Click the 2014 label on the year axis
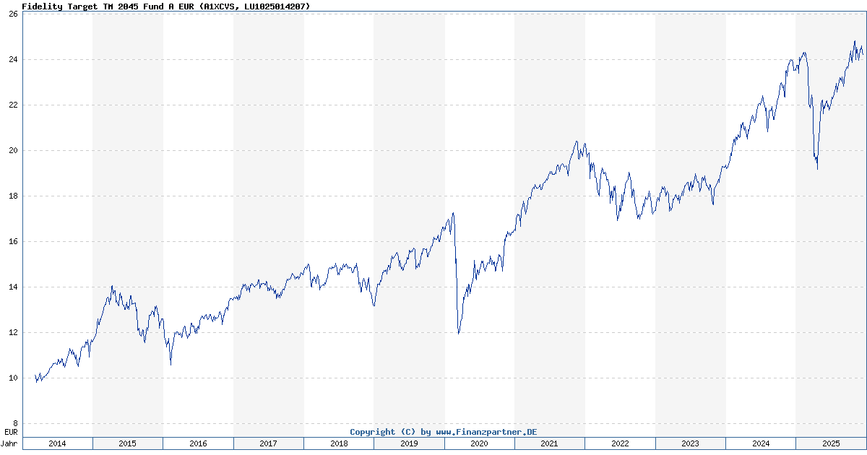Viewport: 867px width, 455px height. point(57,443)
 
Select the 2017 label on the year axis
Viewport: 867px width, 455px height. point(268,443)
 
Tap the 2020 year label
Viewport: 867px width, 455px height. point(479,443)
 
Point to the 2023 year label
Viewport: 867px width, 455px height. point(690,443)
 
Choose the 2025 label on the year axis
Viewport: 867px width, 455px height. point(830,443)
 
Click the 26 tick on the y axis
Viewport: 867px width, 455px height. point(13,14)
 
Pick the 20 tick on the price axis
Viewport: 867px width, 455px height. point(13,150)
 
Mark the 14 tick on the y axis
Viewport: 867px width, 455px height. point(13,287)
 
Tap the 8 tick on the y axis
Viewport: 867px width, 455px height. point(15,423)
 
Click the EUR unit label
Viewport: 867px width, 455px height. point(11,432)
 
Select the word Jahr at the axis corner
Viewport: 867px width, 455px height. point(10,443)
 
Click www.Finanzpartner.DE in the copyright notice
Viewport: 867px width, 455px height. point(486,432)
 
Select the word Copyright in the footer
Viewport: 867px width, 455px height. point(374,432)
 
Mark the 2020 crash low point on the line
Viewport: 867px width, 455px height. point(458,333)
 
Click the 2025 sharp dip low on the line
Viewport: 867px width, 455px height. point(817,169)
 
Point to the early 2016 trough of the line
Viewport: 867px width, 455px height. point(171,364)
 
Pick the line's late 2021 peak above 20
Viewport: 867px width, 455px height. point(577,142)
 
